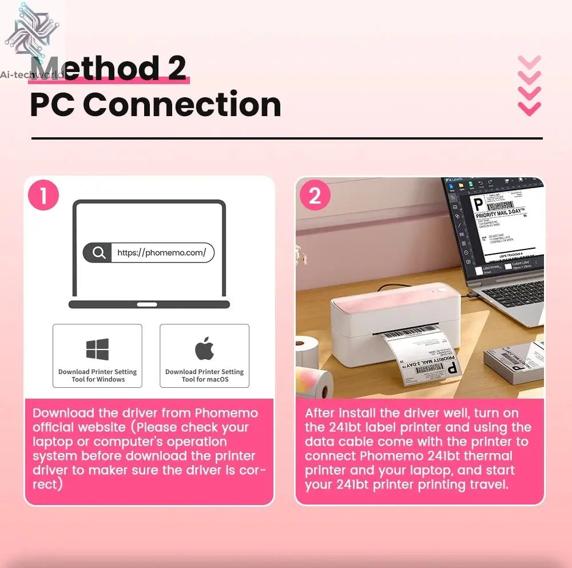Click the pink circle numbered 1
43,196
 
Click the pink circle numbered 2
315,196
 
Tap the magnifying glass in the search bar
99,253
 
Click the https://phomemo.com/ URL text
161,253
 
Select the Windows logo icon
97,349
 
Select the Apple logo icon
204,348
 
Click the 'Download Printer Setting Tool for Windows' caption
97,375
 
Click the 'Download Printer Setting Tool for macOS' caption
204,375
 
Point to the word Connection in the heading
182,105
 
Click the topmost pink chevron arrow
529,62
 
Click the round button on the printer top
442,291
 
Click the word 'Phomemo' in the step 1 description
227,413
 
